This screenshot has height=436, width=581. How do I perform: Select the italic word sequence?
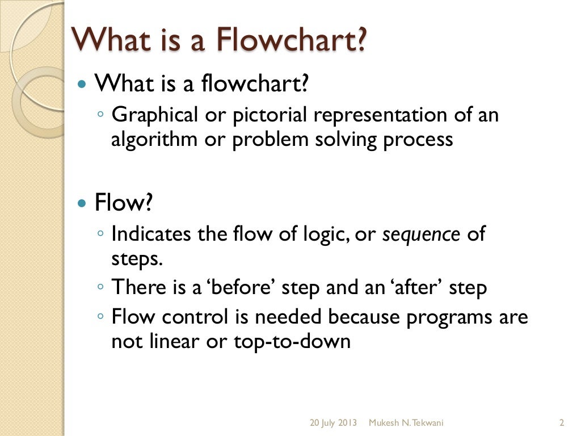421,234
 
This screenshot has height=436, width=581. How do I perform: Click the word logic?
324,234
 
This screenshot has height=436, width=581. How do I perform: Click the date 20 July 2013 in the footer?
333,423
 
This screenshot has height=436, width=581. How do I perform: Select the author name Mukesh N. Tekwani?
406,423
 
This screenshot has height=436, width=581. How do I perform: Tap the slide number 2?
561,423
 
